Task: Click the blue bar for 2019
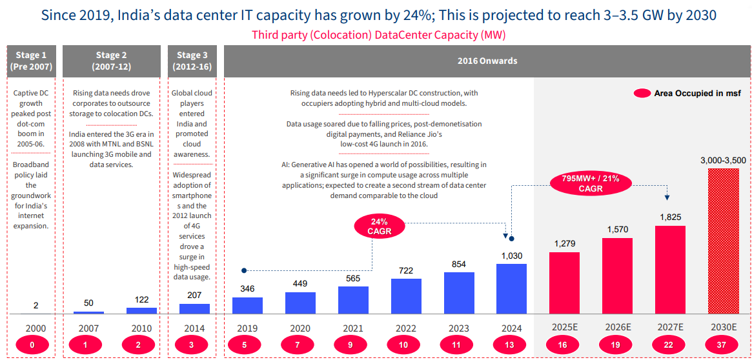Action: pyautogui.click(x=247, y=305)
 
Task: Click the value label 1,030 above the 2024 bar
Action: pyautogui.click(x=511, y=256)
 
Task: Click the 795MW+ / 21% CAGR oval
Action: pyautogui.click(x=591, y=184)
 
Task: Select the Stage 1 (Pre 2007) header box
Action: pyautogui.click(x=31, y=61)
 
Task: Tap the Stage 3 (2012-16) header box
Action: pyautogui.click(x=188, y=61)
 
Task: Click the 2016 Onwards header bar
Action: pyautogui.click(x=487, y=61)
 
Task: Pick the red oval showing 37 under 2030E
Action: pyautogui.click(x=722, y=345)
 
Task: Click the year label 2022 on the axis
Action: pyautogui.click(x=406, y=328)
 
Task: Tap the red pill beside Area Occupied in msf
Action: pyautogui.click(x=642, y=94)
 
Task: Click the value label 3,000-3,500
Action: pyautogui.click(x=723, y=159)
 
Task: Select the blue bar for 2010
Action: pyautogui.click(x=141, y=310)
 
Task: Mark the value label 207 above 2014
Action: pyautogui.click(x=194, y=295)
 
